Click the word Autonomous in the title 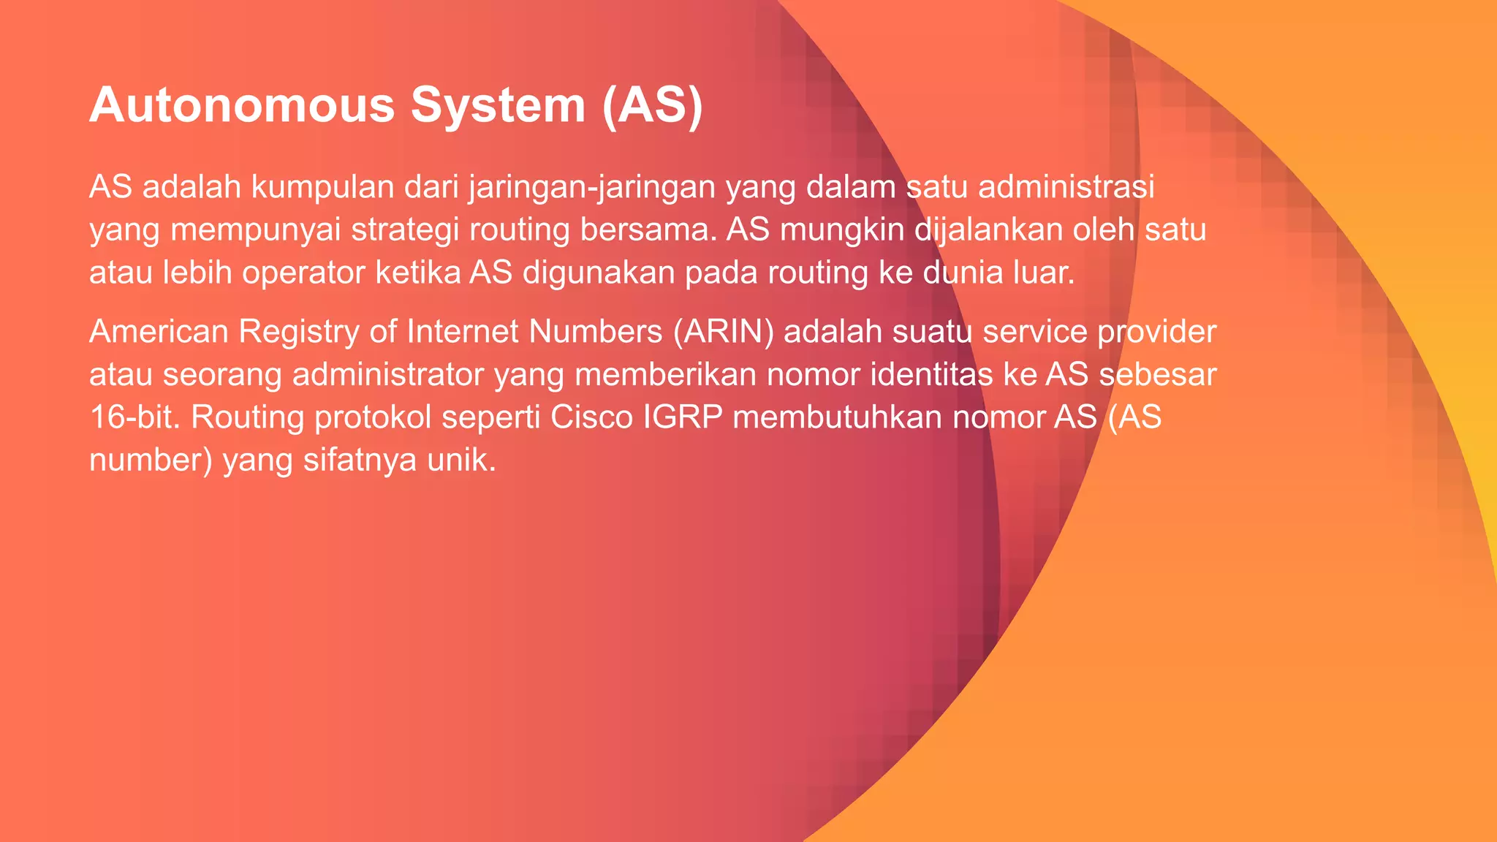click(x=242, y=105)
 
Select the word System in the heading click(x=498, y=105)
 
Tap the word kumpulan click(x=322, y=187)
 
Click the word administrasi click(x=1066, y=187)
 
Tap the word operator click(x=303, y=273)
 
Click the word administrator click(x=387, y=375)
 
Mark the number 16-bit click(x=134, y=417)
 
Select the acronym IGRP click(x=682, y=417)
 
